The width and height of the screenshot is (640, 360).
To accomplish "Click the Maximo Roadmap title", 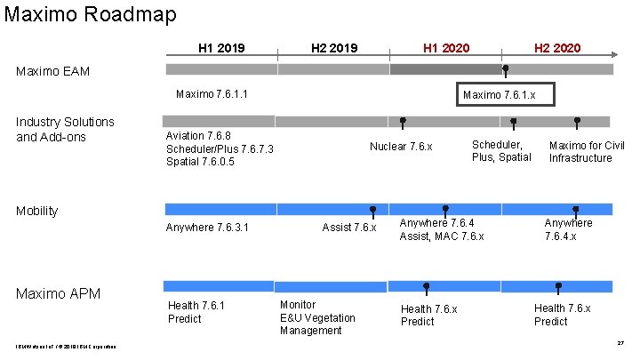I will (90, 14).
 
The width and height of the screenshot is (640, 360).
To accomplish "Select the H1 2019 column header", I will (221, 47).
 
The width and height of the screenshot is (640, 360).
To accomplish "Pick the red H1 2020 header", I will (446, 47).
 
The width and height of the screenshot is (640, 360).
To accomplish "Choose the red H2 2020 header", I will (557, 47).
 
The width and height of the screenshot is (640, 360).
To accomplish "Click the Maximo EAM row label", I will (52, 71).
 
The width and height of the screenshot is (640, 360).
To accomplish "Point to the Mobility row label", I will (37, 211).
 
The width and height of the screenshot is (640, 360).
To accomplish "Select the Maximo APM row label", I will (58, 293).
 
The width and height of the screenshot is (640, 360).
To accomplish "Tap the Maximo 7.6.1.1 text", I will (212, 94).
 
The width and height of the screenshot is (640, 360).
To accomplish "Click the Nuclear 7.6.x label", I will (401, 146).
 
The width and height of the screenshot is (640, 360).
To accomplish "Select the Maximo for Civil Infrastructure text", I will (587, 152).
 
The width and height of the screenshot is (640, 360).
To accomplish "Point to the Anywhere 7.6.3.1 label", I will (207, 228).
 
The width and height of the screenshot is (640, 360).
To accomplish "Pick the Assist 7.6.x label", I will (349, 228).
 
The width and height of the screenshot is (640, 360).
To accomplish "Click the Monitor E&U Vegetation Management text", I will (317, 317).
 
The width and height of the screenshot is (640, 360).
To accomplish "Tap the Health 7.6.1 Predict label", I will (196, 312).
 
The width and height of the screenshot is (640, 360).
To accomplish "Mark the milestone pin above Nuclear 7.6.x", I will (403, 122).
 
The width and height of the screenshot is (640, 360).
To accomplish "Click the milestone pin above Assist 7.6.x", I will (372, 210).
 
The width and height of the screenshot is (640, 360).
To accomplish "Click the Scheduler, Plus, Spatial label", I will (501, 151).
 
